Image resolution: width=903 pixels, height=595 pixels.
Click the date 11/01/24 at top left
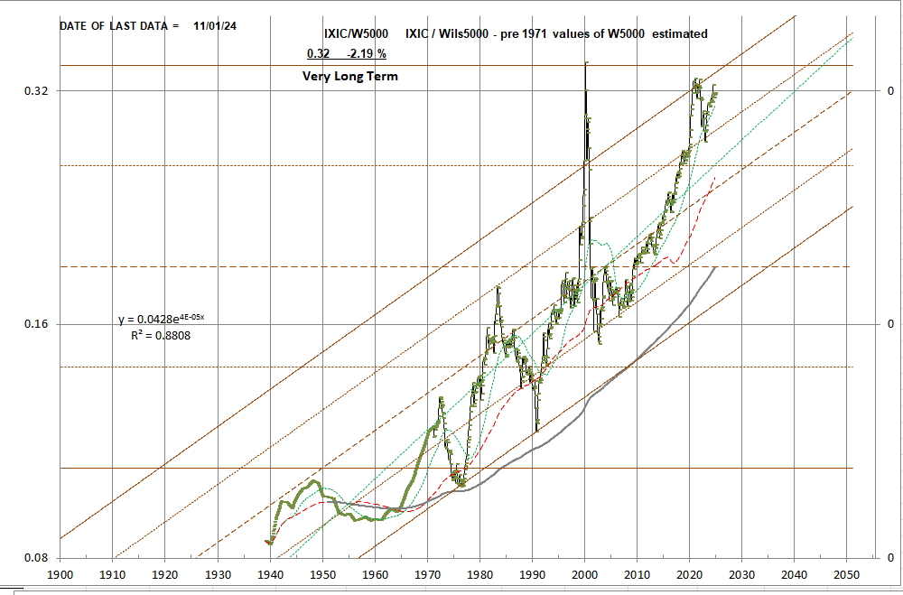click(215, 26)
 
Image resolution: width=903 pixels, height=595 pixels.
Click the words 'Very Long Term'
click(349, 77)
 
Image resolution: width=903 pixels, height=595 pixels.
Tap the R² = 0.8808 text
click(161, 335)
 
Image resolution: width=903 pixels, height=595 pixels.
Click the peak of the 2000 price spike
click(586, 62)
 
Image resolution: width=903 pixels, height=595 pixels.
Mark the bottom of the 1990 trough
click(536, 431)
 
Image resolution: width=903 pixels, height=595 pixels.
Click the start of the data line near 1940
click(267, 541)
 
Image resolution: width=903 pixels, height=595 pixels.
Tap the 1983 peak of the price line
click(498, 288)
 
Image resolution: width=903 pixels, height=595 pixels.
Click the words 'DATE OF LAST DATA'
click(113, 26)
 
